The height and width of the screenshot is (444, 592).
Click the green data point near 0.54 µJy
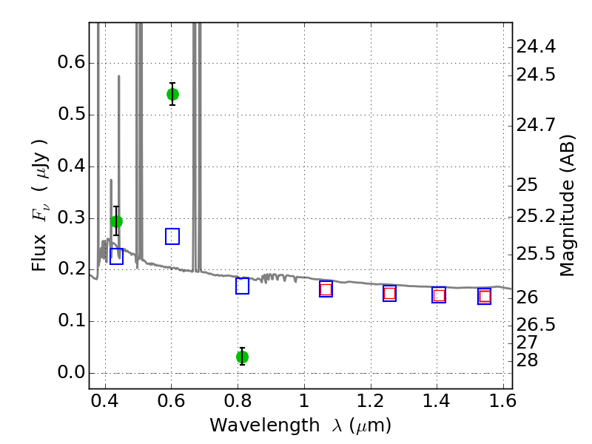[172, 94]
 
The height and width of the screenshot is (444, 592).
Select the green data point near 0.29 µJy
[117, 221]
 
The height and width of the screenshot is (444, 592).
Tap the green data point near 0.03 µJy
[243, 357]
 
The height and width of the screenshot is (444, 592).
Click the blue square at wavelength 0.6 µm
[172, 236]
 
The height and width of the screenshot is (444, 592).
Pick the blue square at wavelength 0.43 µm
[117, 256]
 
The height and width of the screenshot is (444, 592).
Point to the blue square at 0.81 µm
[243, 286]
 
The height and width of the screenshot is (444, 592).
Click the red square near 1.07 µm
[326, 289]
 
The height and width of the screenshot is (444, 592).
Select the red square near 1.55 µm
[485, 297]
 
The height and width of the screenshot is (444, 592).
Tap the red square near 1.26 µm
[390, 293]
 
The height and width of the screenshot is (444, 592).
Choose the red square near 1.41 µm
[439, 295]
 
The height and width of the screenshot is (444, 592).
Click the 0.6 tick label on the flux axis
[72, 62]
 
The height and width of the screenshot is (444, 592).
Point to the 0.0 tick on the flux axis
[72, 372]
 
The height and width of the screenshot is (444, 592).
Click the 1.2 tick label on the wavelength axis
[371, 401]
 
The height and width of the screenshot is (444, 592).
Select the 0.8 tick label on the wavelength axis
[238, 401]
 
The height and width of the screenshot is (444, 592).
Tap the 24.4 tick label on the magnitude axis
[536, 47]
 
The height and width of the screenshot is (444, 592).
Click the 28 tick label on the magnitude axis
[527, 360]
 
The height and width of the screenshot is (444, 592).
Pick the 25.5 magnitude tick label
[536, 254]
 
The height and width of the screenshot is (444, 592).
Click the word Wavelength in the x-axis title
[265, 425]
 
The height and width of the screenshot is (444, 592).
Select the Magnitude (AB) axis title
[567, 206]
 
